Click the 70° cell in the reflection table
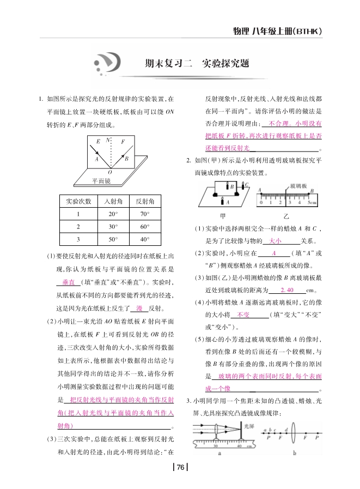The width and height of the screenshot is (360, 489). click(x=144, y=214)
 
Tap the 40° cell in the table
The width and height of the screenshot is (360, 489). click(x=144, y=239)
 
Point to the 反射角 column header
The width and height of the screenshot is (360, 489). click(x=144, y=201)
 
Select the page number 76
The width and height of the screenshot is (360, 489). click(x=180, y=467)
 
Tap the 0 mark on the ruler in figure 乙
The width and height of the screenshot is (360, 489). click(x=261, y=203)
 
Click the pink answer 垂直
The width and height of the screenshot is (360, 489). click(x=68, y=283)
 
